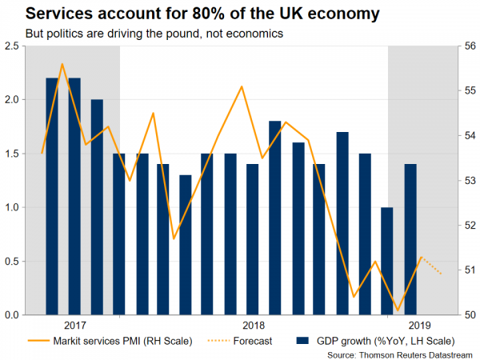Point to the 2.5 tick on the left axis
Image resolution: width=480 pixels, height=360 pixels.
(12, 47)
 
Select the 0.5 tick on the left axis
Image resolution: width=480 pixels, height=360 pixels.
(12, 262)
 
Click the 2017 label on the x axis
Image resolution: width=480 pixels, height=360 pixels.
(74, 326)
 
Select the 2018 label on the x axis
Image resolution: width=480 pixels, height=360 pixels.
(253, 326)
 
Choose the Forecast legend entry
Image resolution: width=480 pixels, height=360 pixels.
(248, 341)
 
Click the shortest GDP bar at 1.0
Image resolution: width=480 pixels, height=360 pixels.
(387, 262)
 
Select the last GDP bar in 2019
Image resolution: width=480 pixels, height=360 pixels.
(410, 240)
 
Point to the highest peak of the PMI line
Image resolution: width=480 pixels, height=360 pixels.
(62, 64)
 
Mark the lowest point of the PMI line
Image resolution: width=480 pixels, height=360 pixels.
(398, 310)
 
